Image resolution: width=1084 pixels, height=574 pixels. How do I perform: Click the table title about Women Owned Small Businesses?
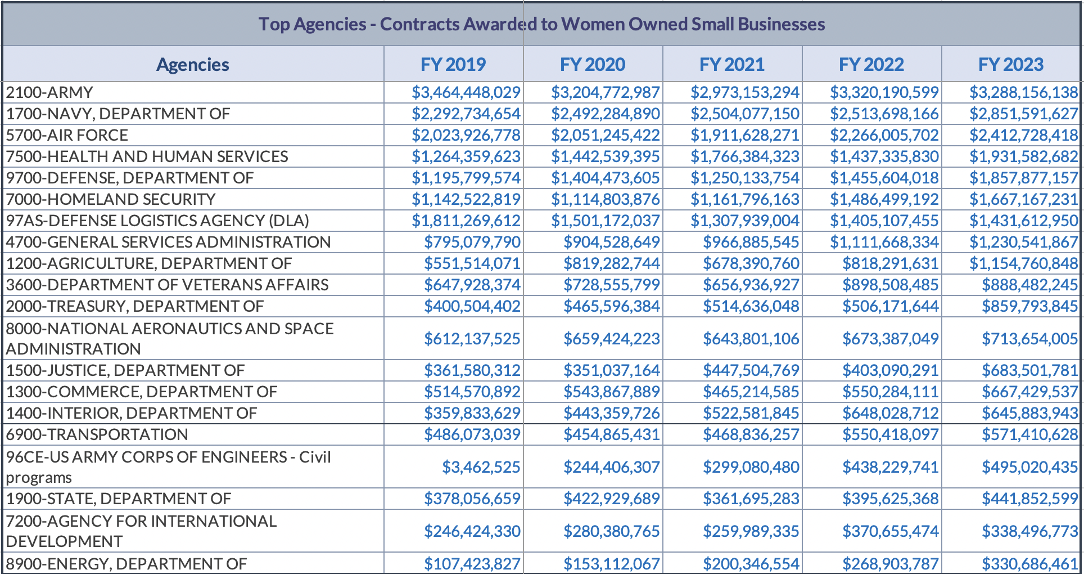[541, 24]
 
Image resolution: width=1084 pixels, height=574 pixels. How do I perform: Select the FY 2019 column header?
[453, 64]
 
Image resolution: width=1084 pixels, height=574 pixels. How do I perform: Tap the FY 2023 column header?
[1010, 64]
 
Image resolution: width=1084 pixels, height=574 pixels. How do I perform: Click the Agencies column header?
[193, 64]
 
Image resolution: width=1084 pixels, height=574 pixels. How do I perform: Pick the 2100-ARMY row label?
[49, 92]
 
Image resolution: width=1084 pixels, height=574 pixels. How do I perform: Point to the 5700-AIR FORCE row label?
[67, 135]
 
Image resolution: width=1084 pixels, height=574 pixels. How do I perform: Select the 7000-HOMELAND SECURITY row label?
[111, 199]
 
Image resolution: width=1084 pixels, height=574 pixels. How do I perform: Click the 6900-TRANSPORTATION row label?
[97, 434]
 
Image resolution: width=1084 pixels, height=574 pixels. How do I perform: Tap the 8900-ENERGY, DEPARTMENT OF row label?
[127, 563]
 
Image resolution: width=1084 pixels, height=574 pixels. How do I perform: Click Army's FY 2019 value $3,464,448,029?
[466, 92]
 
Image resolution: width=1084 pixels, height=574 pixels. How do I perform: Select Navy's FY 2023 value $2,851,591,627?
[1023, 114]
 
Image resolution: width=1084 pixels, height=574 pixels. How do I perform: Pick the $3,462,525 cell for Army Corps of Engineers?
[481, 467]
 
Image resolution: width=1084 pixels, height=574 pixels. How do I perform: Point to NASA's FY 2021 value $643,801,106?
[751, 339]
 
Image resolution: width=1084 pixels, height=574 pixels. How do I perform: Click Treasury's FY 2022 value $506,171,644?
[890, 306]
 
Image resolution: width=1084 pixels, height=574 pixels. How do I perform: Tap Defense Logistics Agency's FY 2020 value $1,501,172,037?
[605, 221]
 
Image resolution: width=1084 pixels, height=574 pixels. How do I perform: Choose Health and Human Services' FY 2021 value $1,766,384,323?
[744, 156]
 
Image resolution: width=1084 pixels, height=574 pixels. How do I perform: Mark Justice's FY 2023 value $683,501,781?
[1029, 370]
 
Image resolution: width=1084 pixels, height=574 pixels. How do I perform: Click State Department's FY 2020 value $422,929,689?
[611, 499]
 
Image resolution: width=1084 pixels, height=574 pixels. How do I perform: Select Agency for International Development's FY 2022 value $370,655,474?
[890, 531]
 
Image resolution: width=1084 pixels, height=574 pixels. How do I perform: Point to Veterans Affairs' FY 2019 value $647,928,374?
[472, 285]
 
